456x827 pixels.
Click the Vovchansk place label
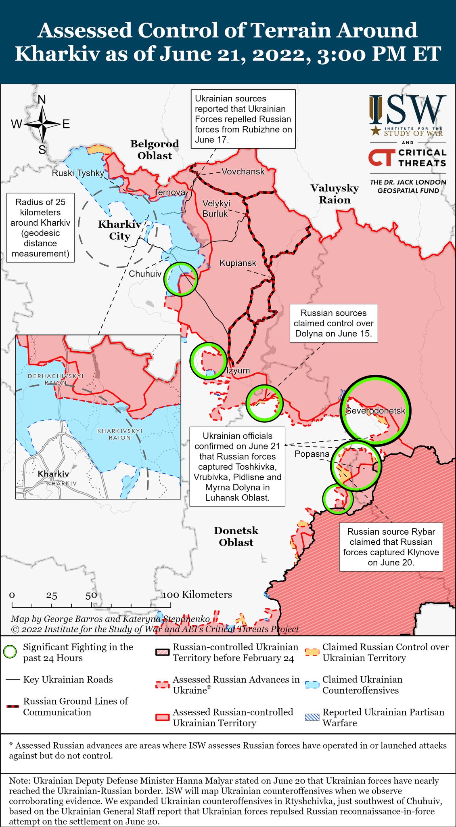coord(243,172)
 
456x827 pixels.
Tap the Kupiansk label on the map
coord(238,263)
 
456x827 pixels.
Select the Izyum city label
coord(238,371)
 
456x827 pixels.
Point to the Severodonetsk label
coord(375,411)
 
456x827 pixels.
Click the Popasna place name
coord(312,454)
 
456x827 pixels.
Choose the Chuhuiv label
coord(145,274)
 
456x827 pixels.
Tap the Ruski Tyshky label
coord(78,173)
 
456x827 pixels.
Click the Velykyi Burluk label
coord(216,208)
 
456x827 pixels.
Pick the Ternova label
coord(169,192)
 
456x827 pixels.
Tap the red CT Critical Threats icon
coord(380,157)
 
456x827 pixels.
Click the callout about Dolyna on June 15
coord(334,323)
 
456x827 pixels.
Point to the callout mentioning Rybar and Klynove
coord(391,547)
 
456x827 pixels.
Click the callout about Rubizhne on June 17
coord(243,119)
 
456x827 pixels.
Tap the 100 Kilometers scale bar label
coord(197,594)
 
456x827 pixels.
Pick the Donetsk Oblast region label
coord(236,537)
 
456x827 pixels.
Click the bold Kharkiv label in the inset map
coord(53,474)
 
